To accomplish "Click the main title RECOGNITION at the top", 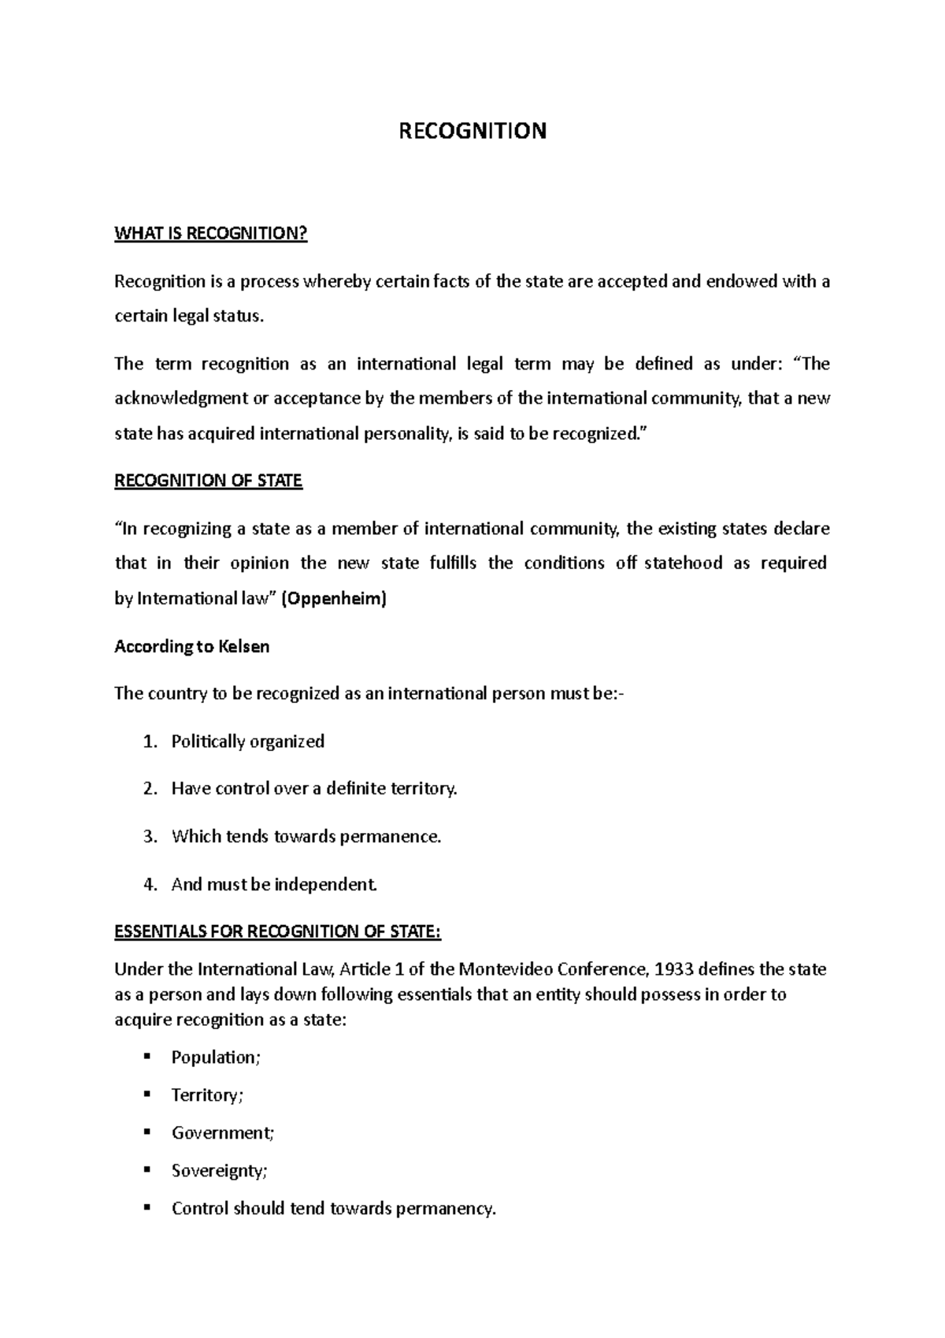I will (x=472, y=131).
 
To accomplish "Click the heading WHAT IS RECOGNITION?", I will (x=210, y=233).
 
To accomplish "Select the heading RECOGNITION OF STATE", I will (x=208, y=481).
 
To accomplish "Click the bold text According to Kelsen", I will (x=191, y=646).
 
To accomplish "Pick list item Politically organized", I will (x=247, y=741).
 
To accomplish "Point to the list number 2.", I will (x=150, y=789).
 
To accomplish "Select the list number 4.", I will (x=150, y=884).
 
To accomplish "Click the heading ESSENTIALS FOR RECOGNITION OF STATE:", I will (x=277, y=931).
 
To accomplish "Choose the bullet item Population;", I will (x=215, y=1057).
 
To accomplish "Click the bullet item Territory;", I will (x=207, y=1095).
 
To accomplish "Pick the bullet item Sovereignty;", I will (x=219, y=1171).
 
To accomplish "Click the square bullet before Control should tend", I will (x=146, y=1207).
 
